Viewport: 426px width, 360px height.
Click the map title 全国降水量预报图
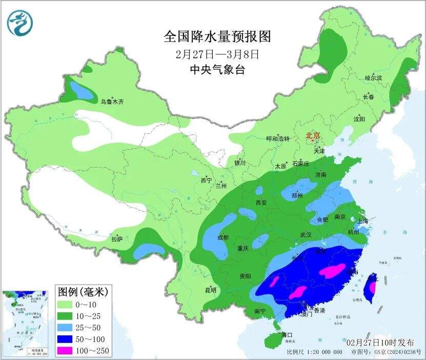217,36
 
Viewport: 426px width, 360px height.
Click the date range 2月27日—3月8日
217,53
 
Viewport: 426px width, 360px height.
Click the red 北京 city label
313,135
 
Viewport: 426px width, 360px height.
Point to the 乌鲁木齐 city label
112,102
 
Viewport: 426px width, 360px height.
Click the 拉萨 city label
117,238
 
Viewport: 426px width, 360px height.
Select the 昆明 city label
211,290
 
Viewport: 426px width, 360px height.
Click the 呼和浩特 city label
277,139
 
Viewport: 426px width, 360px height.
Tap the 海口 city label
287,335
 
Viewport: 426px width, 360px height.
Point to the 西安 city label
261,203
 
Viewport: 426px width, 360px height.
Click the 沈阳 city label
359,119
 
